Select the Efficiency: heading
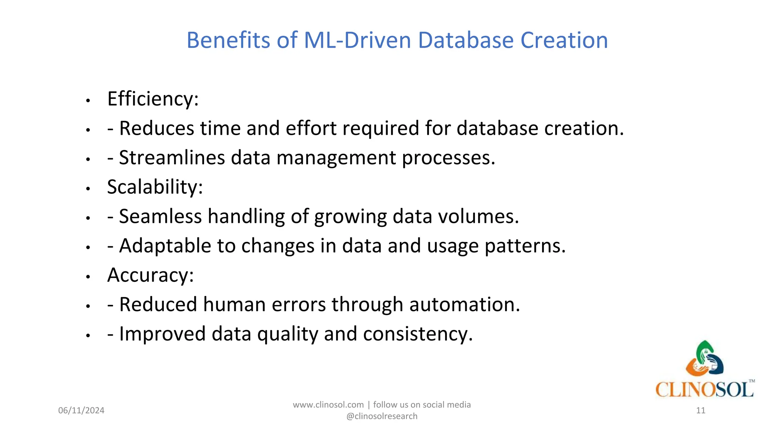pos(153,99)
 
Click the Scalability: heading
pos(155,187)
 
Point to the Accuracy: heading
pos(150,275)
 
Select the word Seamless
pos(160,216)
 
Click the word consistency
pos(418,334)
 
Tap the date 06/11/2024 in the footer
pos(81,411)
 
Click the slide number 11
pos(701,411)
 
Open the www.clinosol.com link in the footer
pos(328,405)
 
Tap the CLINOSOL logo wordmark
pos(704,390)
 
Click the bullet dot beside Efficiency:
pos(88,101)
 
